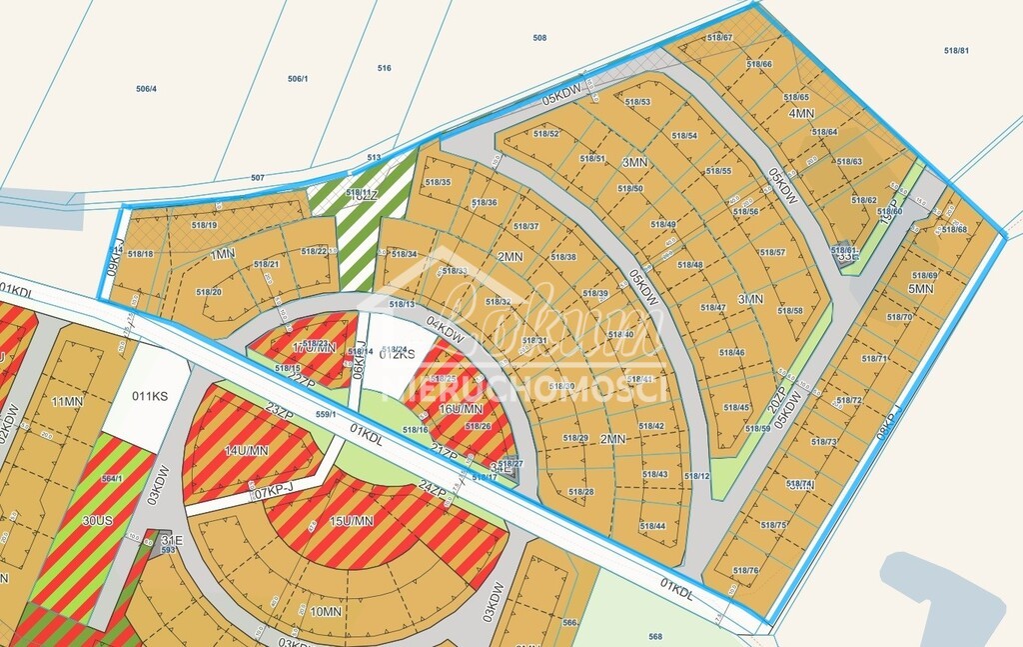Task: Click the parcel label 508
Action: (x=539, y=38)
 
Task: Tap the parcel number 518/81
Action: (x=956, y=50)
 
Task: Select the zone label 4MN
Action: (x=801, y=114)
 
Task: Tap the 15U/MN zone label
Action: (x=351, y=520)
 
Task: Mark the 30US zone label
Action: (x=69, y=519)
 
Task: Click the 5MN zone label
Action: (x=920, y=289)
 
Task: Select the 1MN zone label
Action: (x=223, y=255)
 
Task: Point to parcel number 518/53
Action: (x=637, y=102)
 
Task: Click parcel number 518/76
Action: (x=746, y=571)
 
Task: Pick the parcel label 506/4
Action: (x=147, y=89)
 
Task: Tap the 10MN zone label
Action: (x=326, y=611)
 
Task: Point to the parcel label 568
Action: (x=655, y=636)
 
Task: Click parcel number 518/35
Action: (x=439, y=182)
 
